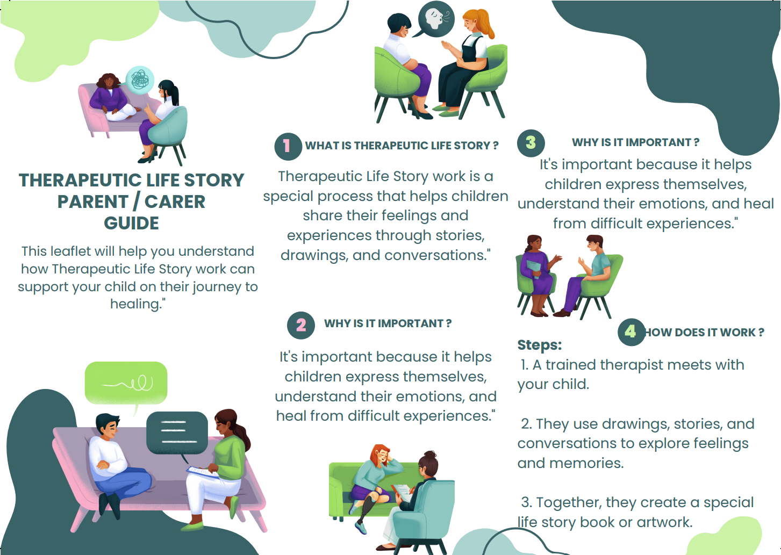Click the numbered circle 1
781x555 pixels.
coord(288,146)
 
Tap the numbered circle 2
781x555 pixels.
coord(301,325)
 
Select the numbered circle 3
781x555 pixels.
coord(531,142)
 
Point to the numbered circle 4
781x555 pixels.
coord(630,331)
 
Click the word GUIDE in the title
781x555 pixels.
coord(131,223)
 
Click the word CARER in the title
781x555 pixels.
coord(175,201)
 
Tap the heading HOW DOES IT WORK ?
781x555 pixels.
coord(704,333)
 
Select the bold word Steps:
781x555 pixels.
coord(539,345)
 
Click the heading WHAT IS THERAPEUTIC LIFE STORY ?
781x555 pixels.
coord(402,146)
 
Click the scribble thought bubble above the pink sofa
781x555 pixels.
coord(140,80)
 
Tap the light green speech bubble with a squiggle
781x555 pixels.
coord(126,383)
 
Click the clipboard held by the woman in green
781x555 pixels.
coord(202,471)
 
